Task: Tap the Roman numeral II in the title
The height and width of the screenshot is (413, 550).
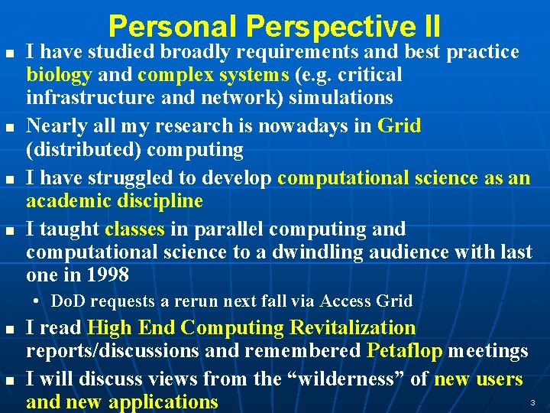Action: (430, 27)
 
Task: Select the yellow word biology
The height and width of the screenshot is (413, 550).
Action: (59, 76)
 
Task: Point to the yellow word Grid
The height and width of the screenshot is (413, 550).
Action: (399, 125)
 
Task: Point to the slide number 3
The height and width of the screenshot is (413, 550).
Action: (532, 403)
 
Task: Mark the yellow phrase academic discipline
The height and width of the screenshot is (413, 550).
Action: (115, 201)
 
